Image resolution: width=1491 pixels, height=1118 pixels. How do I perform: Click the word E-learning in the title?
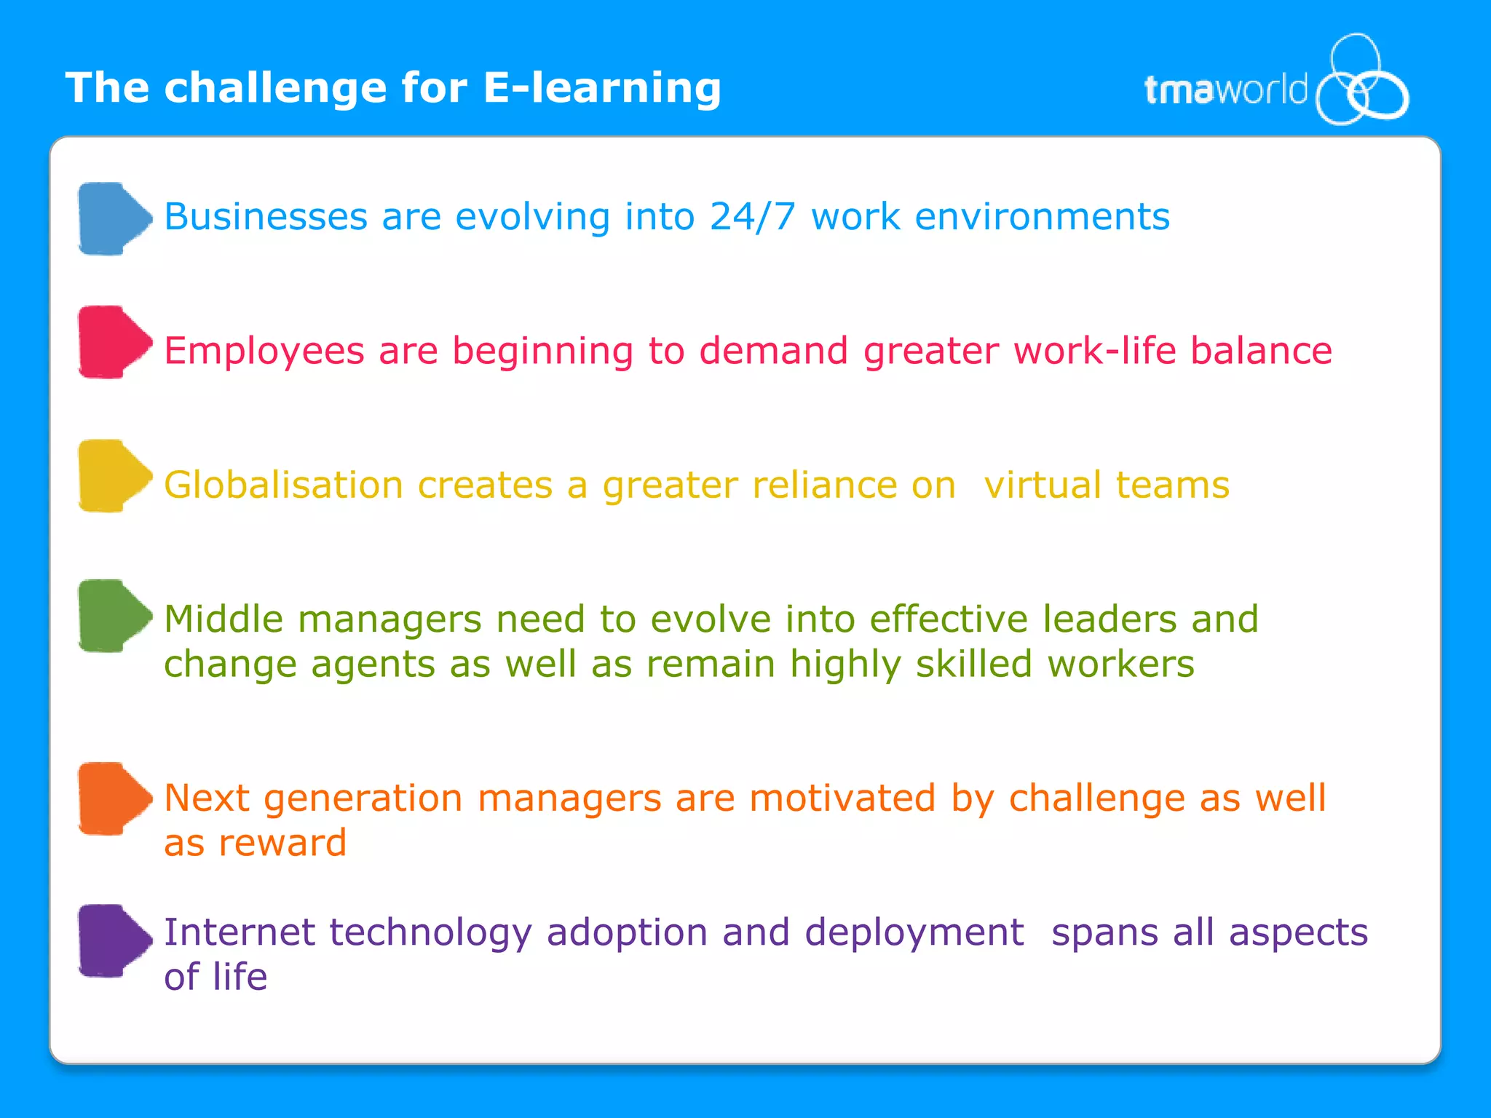601,88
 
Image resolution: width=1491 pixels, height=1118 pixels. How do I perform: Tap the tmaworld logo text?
1225,91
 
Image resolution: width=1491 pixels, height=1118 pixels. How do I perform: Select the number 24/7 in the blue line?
752,217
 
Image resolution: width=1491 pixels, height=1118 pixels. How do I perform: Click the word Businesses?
266,217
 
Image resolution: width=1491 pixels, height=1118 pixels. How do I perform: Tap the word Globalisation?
283,485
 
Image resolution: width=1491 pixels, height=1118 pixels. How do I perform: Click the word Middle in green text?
223,619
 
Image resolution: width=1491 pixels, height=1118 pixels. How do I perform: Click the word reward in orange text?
282,844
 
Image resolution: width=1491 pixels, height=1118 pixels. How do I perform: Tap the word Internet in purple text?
240,932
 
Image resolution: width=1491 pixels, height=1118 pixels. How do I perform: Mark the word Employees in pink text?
264,351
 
